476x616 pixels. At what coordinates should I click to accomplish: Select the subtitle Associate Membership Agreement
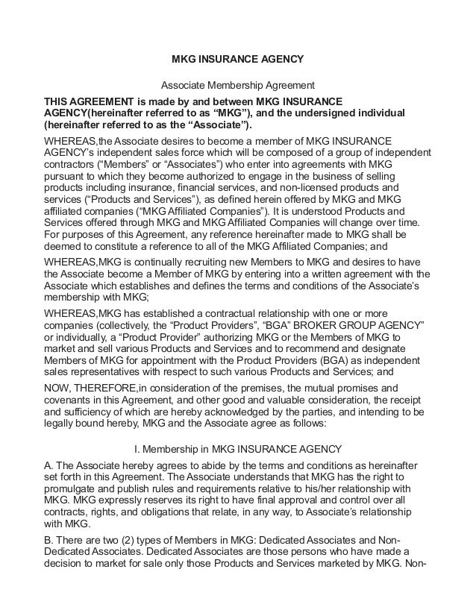pyautogui.click(x=238, y=85)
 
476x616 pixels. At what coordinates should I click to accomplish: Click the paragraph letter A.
pyautogui.click(x=50, y=465)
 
